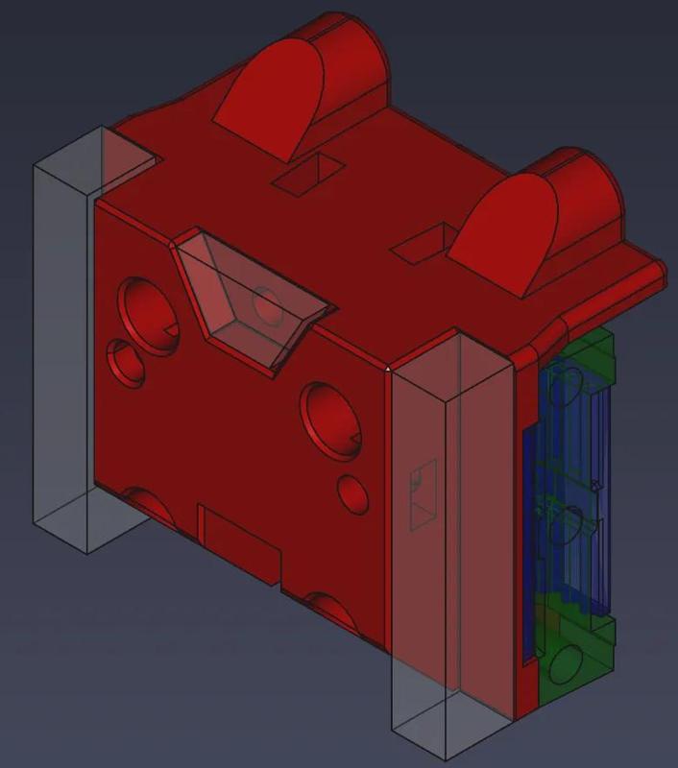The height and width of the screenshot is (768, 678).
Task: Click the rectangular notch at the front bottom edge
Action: (x=240, y=543)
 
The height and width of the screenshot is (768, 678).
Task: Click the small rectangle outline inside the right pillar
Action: (x=423, y=494)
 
